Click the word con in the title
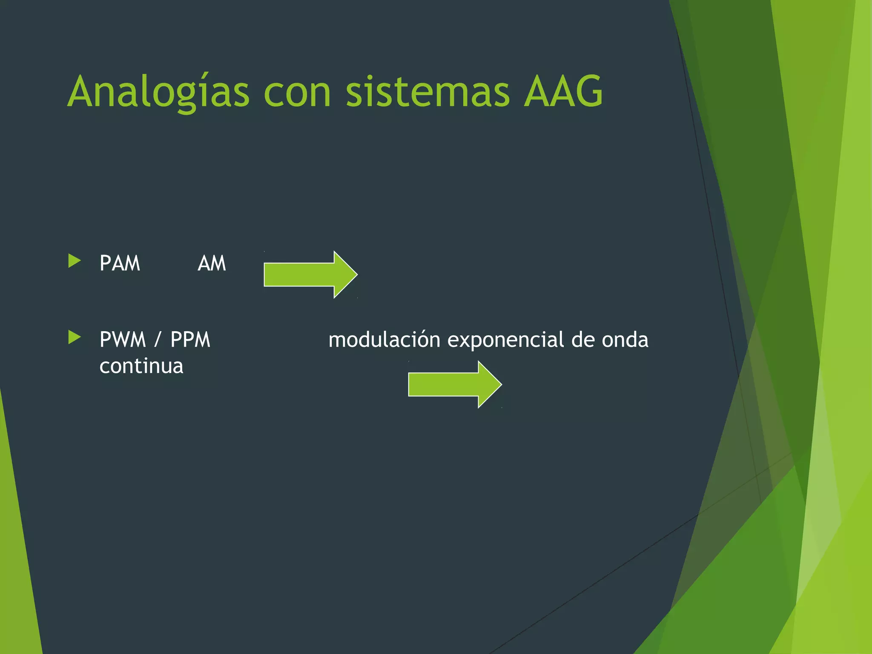click(x=297, y=92)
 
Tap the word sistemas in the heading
click(x=427, y=92)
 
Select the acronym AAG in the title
click(x=563, y=92)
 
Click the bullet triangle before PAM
click(x=74, y=261)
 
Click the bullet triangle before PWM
click(x=74, y=338)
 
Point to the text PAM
click(x=120, y=263)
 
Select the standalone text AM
click(x=212, y=263)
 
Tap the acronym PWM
click(x=123, y=340)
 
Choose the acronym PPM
click(x=190, y=340)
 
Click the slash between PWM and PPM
click(x=158, y=340)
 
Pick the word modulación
click(x=384, y=340)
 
